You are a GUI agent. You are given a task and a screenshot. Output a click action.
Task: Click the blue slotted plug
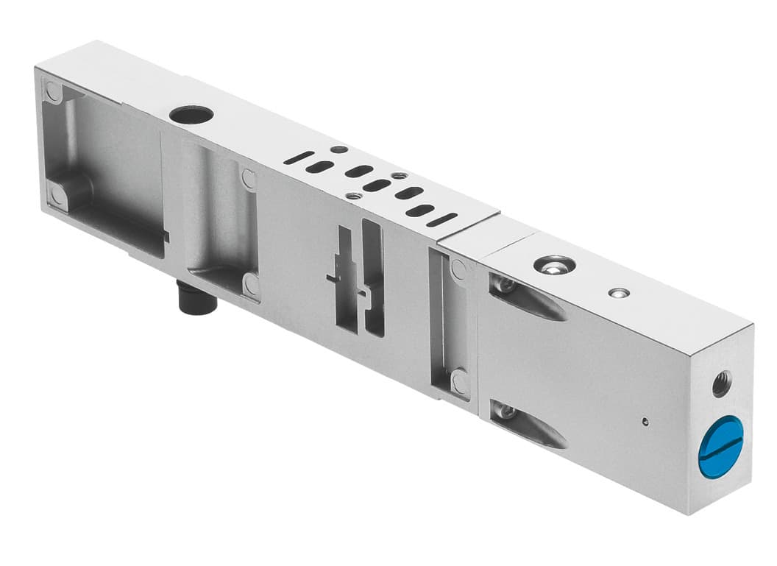coord(720,447)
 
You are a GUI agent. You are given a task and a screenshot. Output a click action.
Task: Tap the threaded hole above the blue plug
coord(721,384)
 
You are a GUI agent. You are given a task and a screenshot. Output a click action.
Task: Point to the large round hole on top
coord(191,115)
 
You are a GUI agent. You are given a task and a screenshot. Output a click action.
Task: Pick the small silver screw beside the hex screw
coord(619,292)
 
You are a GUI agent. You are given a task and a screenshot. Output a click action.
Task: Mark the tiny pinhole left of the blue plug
coord(645,422)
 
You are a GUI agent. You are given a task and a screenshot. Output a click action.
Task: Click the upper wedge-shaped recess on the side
coord(530,299)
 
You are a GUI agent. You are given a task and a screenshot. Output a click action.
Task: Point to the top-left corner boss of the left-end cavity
coord(54,92)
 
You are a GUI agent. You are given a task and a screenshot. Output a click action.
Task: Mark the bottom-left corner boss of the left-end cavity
coord(57,194)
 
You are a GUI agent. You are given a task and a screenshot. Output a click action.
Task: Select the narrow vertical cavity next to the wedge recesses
coord(450,324)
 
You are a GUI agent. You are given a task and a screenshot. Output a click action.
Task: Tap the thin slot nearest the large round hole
coord(299,158)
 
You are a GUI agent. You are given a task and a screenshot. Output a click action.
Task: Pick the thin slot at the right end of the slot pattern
coord(442,219)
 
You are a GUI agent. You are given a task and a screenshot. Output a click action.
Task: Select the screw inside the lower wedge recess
coord(505,411)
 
